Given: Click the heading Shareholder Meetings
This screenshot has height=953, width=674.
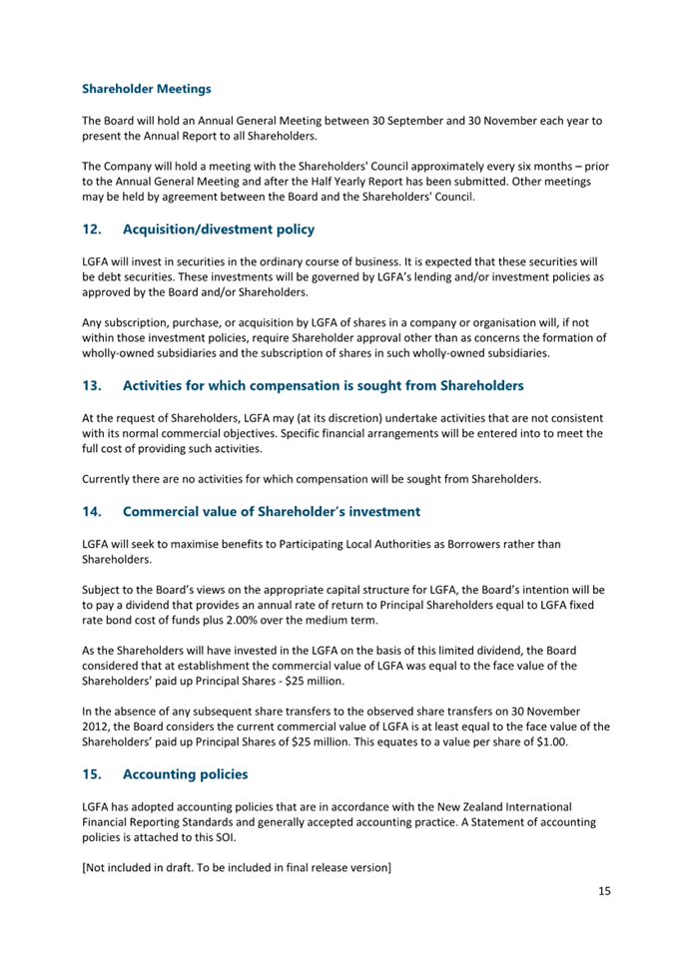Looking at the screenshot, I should click(146, 89).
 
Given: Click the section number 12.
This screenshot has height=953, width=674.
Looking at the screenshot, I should click(92, 230).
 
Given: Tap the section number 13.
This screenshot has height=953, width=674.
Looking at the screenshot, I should click(92, 385).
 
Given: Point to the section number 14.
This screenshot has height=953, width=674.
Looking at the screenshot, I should click(92, 512).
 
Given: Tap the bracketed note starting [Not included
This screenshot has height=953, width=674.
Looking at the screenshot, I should click(236, 868).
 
